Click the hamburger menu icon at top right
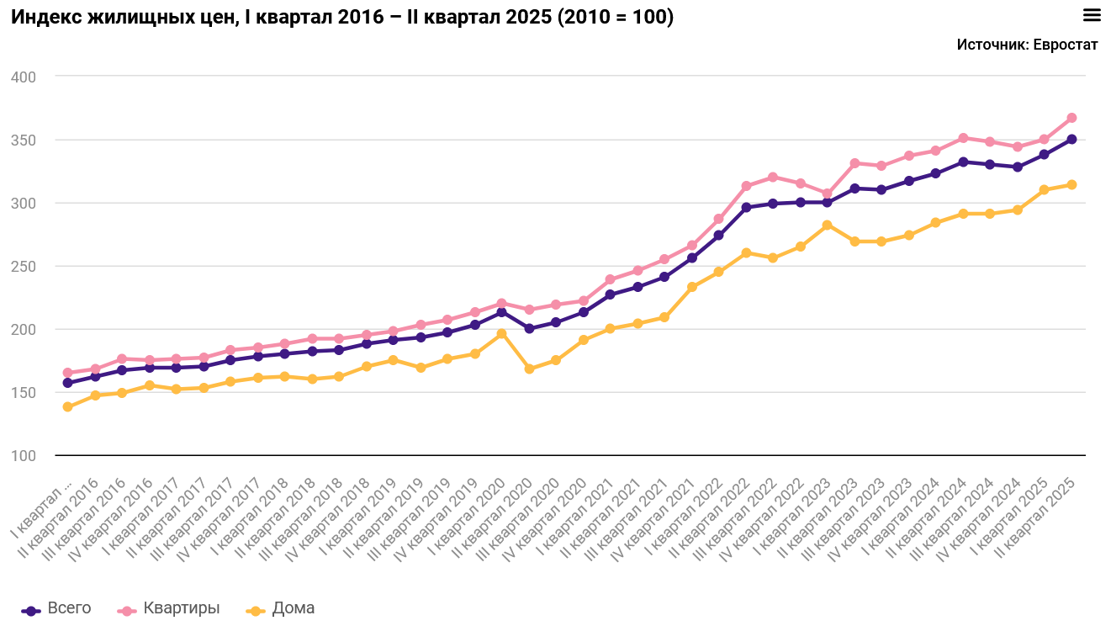[1092, 14]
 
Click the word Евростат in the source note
[1066, 45]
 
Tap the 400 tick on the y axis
[24, 77]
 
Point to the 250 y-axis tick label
[24, 266]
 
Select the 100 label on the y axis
[24, 455]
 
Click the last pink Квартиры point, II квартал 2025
[1071, 118]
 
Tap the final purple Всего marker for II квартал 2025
[1071, 140]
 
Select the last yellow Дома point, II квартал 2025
[1071, 185]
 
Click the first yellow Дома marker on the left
[68, 407]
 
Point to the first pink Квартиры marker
[68, 373]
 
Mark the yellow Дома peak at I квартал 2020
[502, 334]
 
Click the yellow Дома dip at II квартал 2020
[529, 369]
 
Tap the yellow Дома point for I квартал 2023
[828, 225]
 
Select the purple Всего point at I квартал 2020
[502, 312]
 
